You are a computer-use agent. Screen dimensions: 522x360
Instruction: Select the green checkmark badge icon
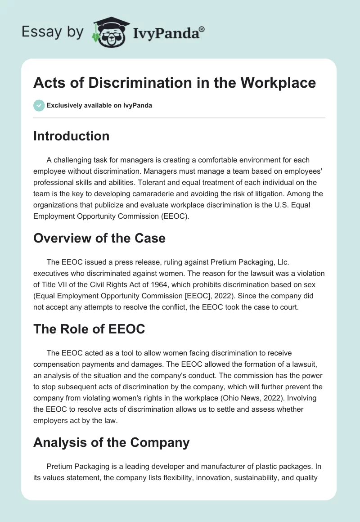pos(39,106)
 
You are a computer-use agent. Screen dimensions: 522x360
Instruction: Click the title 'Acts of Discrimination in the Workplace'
pos(175,83)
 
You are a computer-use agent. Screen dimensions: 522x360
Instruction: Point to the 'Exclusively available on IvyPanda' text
pos(99,106)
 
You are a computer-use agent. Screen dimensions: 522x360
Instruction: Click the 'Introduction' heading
pos(71,136)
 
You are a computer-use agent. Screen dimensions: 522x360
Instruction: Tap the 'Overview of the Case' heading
pos(99,238)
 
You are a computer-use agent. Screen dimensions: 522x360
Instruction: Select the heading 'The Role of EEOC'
pos(89,329)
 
